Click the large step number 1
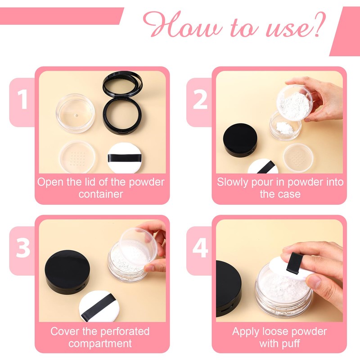click(x=22, y=99)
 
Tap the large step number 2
click(x=200, y=99)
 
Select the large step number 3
click(x=23, y=248)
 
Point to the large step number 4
click(x=200, y=248)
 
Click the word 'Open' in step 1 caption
click(x=50, y=183)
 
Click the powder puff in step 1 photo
click(x=124, y=158)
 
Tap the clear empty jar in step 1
click(x=76, y=113)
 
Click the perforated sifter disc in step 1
click(x=77, y=157)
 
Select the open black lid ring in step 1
click(x=122, y=83)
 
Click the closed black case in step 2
click(x=240, y=140)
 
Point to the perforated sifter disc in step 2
click(x=298, y=158)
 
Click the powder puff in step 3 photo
click(x=99, y=306)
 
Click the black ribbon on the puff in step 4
click(x=294, y=263)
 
